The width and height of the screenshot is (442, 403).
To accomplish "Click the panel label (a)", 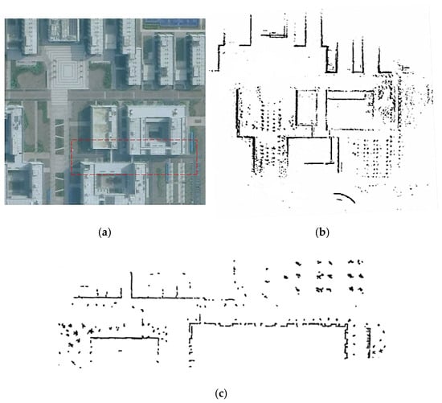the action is click(x=104, y=232).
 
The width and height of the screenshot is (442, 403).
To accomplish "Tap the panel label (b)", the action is click(x=322, y=232).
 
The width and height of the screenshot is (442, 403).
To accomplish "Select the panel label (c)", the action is click(x=221, y=393).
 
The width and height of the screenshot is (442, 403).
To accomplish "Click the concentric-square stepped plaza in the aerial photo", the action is click(x=67, y=71).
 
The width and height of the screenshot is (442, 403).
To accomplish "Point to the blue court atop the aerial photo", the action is click(x=171, y=23).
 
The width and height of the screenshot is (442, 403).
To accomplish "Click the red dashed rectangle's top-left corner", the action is click(x=72, y=140).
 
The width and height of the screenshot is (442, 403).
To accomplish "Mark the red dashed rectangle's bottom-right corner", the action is click(x=197, y=175).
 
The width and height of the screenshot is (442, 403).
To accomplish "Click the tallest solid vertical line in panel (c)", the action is click(x=131, y=285).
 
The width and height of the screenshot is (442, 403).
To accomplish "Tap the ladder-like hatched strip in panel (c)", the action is click(x=368, y=343).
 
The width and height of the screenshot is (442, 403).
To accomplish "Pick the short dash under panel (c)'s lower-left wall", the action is click(x=121, y=351).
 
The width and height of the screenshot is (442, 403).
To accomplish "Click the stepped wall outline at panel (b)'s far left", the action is click(x=220, y=54).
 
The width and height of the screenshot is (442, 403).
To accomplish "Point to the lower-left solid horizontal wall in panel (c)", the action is click(x=124, y=338).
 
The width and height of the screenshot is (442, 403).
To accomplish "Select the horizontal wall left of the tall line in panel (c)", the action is click(x=97, y=297).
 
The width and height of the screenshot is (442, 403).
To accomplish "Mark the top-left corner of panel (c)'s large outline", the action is click(x=191, y=324).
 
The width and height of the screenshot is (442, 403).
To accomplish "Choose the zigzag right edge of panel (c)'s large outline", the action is click(x=346, y=341).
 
